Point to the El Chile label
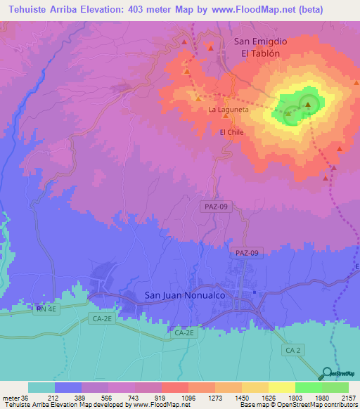(232, 132)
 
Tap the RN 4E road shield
(47, 308)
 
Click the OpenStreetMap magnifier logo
(327, 373)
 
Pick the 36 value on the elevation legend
(27, 397)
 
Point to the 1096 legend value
(189, 397)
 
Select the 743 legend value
(136, 397)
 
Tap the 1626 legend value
(269, 397)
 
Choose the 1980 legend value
(322, 397)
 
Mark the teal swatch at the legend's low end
(41, 387)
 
